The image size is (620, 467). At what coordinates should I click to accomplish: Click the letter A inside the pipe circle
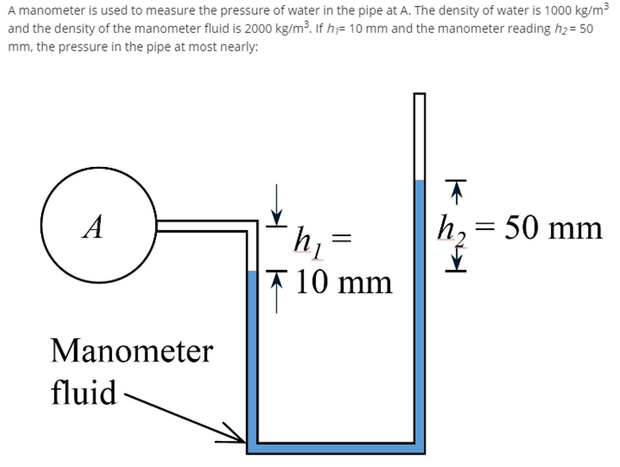98,227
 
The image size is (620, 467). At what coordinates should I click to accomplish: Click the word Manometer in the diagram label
131,351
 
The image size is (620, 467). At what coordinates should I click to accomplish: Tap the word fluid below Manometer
83,392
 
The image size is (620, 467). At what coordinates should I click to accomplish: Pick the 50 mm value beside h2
552,227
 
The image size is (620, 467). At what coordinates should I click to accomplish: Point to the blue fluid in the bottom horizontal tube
336,447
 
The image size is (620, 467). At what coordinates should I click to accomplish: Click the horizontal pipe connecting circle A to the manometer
202,225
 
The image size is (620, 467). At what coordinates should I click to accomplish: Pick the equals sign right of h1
337,238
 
